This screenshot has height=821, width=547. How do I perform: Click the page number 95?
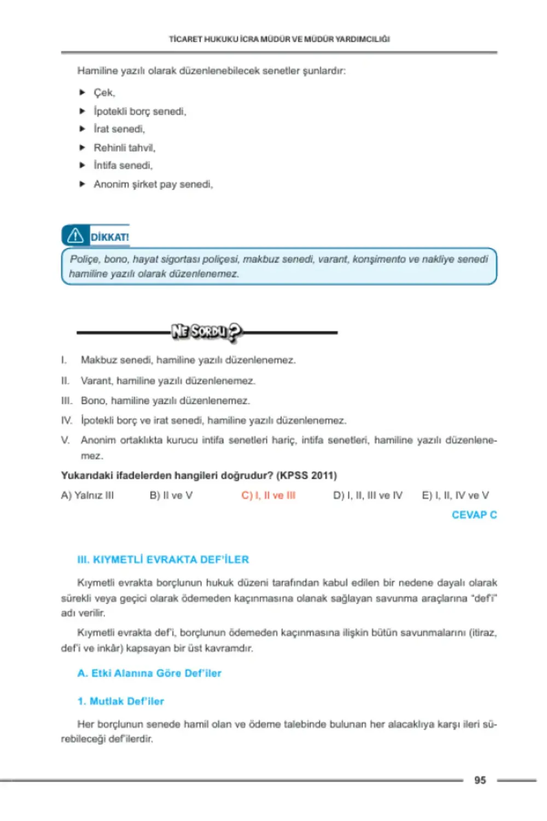480,780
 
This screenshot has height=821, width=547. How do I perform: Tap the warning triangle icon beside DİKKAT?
75,236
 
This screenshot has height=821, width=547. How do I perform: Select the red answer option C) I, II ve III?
268,495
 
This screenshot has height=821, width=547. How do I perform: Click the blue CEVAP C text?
474,515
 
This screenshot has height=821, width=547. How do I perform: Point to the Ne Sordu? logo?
206,331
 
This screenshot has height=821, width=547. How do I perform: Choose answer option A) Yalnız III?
88,495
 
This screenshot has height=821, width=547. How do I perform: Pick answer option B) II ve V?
171,495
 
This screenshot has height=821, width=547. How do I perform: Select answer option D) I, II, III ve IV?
368,495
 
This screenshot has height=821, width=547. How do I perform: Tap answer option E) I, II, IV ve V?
455,495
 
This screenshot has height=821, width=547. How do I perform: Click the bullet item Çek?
104,92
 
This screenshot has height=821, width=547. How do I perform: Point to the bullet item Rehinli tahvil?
124,148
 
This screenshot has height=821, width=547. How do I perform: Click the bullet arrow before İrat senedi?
82,129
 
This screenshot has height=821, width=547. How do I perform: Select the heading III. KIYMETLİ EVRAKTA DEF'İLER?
163,559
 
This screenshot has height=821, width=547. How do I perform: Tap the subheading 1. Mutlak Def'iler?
120,701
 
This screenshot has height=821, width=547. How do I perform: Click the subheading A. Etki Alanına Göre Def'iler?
149,673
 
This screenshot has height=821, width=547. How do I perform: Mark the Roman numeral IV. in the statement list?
66,420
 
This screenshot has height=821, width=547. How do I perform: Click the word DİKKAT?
109,237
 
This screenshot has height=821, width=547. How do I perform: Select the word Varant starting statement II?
97,380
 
